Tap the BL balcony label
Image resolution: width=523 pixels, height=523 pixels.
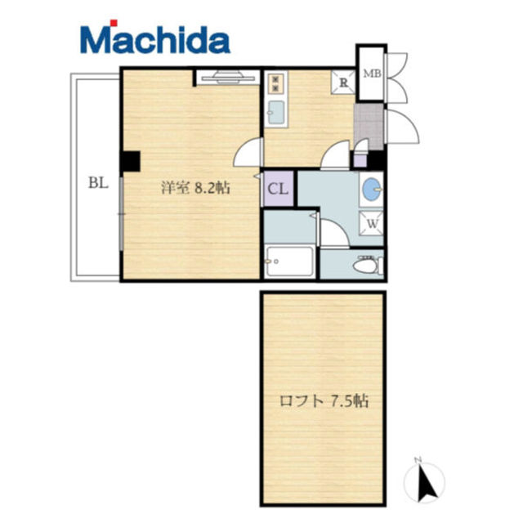coord(98,183)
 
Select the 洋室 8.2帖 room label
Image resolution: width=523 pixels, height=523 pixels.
coord(196,188)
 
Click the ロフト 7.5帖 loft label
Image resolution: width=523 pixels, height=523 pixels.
coord(324,400)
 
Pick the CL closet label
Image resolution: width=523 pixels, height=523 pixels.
coord(278,189)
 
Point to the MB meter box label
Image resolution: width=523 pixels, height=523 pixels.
coord(373,74)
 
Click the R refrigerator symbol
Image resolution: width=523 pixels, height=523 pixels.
coord(343,82)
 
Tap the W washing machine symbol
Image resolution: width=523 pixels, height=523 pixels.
coord(372,223)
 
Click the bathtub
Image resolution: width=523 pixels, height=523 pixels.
coord(290,261)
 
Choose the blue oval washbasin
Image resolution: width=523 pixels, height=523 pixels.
coord(371,189)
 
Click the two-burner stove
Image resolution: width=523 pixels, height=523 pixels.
coord(276,83)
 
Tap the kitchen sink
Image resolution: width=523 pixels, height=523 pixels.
coord(276,113)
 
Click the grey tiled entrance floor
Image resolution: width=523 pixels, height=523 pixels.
coord(369,127)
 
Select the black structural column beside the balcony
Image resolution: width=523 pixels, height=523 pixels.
coord(131,161)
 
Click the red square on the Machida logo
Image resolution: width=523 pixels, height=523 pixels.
coord(114,23)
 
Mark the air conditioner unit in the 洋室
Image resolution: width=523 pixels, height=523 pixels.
coord(229,78)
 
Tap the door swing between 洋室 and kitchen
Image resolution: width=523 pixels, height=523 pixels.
coord(247,152)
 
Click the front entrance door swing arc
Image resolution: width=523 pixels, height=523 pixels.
coord(401,127)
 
